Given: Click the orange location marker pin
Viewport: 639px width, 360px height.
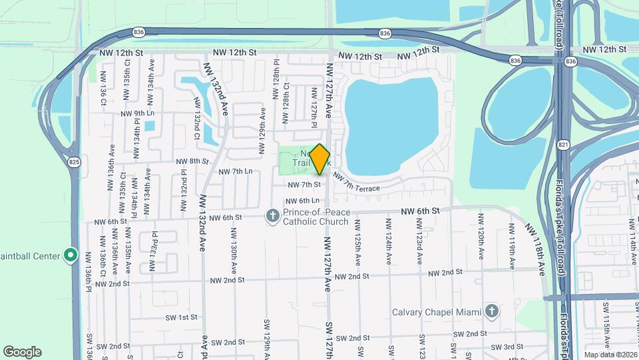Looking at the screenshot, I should [x=320, y=159].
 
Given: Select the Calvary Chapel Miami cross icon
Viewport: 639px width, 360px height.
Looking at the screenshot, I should [x=491, y=311].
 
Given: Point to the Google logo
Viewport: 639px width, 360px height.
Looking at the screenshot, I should [x=22, y=352].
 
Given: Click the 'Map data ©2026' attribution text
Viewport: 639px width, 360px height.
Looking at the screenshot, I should [x=609, y=355].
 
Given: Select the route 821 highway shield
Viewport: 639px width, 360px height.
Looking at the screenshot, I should [x=563, y=145].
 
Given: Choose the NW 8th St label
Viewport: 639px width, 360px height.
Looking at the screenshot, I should [x=192, y=161].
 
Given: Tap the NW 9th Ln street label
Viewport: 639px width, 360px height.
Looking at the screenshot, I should [x=137, y=113].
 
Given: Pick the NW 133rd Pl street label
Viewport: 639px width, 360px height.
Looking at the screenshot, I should [x=153, y=251].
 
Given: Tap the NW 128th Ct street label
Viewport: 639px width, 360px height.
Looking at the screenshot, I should [x=286, y=103].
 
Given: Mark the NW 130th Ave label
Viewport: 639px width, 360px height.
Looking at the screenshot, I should [x=234, y=257].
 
